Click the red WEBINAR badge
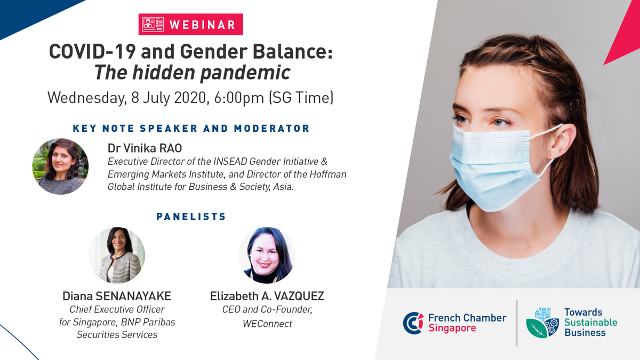point(190,25)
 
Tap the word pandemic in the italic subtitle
point(245,73)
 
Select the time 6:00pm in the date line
point(239,98)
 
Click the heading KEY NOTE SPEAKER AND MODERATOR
point(191,129)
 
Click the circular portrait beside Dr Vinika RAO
point(60,166)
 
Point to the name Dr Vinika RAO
point(145,148)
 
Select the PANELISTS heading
point(191,217)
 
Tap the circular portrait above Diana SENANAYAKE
point(117,255)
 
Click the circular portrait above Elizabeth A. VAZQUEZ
point(267,255)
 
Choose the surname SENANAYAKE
point(133,297)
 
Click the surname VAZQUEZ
point(299,297)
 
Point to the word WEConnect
point(267,324)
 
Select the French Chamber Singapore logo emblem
point(413,323)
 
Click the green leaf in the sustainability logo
point(537,329)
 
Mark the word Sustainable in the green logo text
point(591,323)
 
